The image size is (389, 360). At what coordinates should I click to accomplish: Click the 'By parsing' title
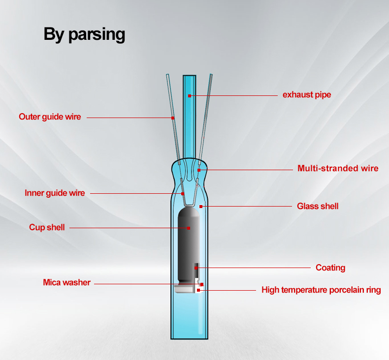84,34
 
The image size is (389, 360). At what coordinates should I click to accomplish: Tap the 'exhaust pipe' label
307,94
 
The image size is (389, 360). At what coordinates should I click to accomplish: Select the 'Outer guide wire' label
50,117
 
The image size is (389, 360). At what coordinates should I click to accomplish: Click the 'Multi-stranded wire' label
338,168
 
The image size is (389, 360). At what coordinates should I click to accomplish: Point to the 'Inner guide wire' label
55,193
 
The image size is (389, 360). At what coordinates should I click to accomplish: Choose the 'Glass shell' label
318,206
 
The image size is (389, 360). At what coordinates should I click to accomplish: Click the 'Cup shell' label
47,227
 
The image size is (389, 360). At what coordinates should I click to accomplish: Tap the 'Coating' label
330,268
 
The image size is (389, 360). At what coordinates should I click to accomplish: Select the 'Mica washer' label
67,282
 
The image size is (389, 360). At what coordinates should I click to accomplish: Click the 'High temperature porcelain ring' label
321,290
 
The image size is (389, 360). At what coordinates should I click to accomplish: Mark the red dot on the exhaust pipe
190,96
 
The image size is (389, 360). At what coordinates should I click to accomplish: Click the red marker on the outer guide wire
173,118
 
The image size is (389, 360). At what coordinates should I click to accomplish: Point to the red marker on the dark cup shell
189,228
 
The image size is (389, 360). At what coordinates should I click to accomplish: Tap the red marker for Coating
196,268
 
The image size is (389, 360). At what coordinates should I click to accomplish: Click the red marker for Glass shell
201,207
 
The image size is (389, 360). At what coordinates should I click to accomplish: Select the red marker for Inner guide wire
183,194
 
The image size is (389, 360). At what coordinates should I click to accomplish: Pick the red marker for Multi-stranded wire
199,170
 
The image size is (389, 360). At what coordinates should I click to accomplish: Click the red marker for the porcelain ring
198,290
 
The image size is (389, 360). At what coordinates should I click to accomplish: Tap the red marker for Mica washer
202,284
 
